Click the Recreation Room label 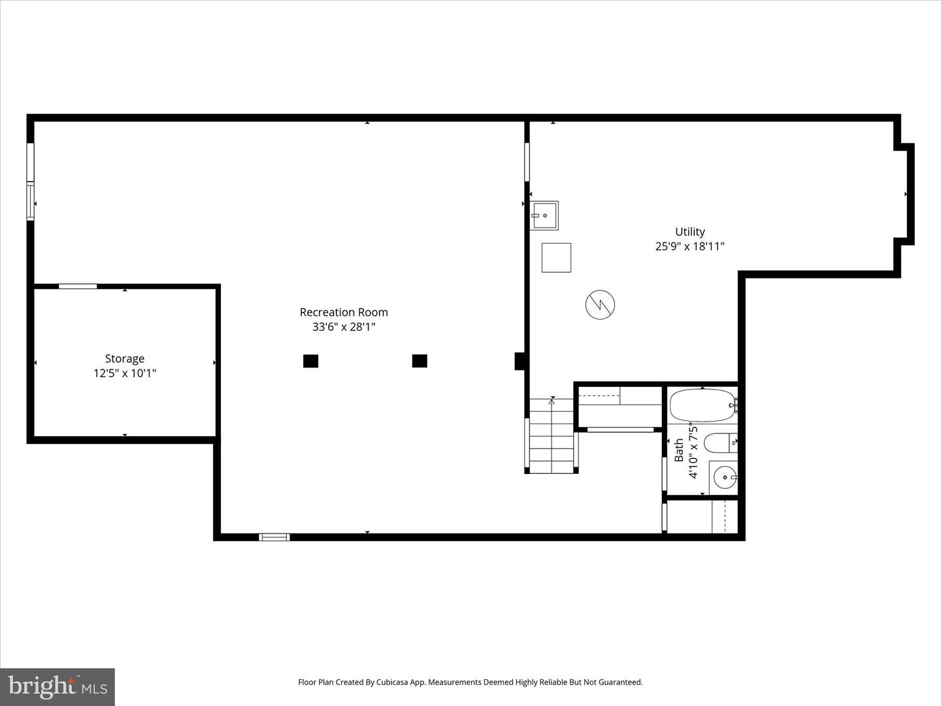[x=344, y=312]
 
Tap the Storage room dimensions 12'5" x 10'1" [x=125, y=373]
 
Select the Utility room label [x=690, y=231]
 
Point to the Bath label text [x=679, y=450]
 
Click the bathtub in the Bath [x=702, y=405]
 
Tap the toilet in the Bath [x=719, y=443]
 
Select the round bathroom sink [x=724, y=477]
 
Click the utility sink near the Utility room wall [x=544, y=216]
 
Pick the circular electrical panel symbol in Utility [x=600, y=304]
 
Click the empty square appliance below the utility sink [x=556, y=258]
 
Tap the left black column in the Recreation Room [x=310, y=361]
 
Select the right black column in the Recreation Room [x=420, y=361]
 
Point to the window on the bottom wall [x=274, y=537]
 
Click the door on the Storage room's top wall [x=78, y=286]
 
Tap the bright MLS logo [x=58, y=686]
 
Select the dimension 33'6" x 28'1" [x=344, y=327]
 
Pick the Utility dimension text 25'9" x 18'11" [x=690, y=246]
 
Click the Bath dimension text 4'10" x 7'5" [x=693, y=452]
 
